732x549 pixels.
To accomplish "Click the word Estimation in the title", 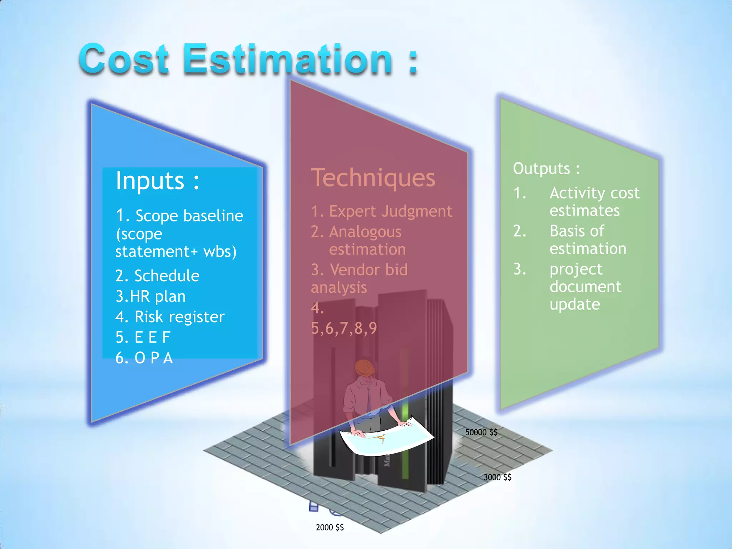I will pyautogui.click(x=289, y=59).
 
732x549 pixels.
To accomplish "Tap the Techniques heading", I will pyautogui.click(x=373, y=178).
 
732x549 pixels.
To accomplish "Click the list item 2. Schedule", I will pyautogui.click(x=157, y=276).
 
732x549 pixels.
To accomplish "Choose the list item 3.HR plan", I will pyautogui.click(x=150, y=297).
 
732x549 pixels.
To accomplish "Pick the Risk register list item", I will pyautogui.click(x=179, y=317).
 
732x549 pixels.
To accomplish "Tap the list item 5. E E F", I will pyautogui.click(x=143, y=337).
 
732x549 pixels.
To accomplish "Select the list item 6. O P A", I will pyautogui.click(x=144, y=358).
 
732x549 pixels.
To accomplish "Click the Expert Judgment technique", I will pyautogui.click(x=390, y=211).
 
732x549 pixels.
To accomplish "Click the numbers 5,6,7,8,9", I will pyautogui.click(x=344, y=328).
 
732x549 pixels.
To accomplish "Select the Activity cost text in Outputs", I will pyautogui.click(x=594, y=193).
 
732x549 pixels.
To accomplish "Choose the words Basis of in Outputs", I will pyautogui.click(x=577, y=231).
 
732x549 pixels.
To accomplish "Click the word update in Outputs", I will pyautogui.click(x=574, y=305).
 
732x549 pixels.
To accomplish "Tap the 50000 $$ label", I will pyautogui.click(x=481, y=432).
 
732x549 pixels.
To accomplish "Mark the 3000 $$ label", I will pyautogui.click(x=498, y=477).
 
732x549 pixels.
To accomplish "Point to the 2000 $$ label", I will pyautogui.click(x=330, y=527).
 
